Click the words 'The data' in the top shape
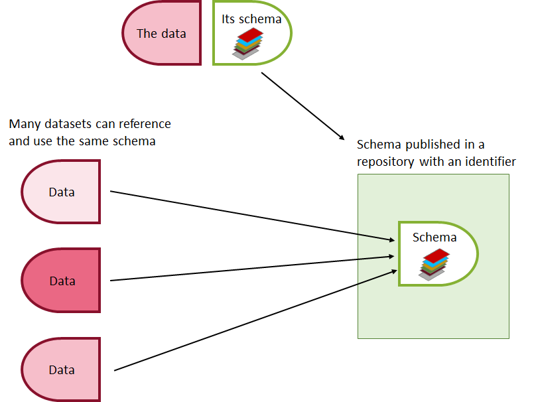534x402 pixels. point(161,33)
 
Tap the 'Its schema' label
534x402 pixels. point(251,19)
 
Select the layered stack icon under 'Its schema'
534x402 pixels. point(248,44)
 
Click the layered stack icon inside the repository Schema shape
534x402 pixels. point(434,265)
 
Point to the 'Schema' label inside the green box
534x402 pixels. point(434,237)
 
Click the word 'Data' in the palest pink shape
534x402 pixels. point(62,192)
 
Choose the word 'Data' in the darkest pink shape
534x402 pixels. point(62,281)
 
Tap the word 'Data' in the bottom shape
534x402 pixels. point(62,370)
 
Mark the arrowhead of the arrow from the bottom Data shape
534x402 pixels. point(394,271)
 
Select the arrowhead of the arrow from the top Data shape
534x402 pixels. point(391,240)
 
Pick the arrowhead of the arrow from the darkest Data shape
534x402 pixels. point(391,256)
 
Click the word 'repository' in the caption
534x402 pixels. point(385,162)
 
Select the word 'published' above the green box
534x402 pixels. point(433,145)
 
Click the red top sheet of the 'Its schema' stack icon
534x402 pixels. point(250,34)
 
